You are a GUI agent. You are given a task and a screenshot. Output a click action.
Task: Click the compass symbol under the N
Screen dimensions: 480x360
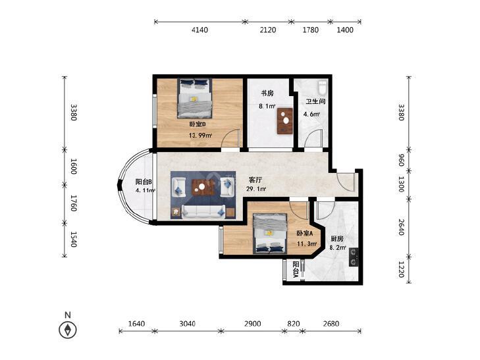click(68, 330)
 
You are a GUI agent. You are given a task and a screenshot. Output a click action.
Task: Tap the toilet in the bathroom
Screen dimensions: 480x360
click(323, 88)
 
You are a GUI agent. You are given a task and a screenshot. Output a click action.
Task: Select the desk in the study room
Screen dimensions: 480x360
click(285, 121)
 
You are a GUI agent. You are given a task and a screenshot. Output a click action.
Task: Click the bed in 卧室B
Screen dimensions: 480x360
click(195, 98)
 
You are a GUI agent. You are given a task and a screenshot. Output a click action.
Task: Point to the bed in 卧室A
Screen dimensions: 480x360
click(270, 234)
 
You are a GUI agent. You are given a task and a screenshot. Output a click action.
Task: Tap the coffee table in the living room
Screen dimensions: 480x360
click(202, 187)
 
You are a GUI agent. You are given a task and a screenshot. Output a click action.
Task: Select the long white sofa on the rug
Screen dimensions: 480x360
click(203, 212)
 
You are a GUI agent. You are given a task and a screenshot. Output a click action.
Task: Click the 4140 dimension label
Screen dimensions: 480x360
click(200, 30)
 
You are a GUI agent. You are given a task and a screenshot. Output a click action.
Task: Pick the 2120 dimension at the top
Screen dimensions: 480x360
click(267, 30)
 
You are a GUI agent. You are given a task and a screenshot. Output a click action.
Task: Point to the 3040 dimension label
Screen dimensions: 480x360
click(187, 324)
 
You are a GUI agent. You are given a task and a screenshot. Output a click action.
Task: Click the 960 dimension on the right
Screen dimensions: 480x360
click(401, 160)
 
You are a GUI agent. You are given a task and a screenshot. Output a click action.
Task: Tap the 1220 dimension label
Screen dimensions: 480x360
click(401, 269)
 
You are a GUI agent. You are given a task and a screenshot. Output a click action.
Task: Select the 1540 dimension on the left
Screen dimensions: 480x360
click(74, 239)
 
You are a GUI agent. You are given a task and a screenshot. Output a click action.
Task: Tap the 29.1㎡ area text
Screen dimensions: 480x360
click(256, 189)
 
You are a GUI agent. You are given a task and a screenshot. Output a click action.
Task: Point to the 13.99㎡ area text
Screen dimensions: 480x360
click(201, 135)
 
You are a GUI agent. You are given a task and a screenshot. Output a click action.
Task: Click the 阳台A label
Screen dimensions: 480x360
click(296, 269)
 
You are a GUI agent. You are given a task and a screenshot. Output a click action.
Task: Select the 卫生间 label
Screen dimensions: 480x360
click(315, 101)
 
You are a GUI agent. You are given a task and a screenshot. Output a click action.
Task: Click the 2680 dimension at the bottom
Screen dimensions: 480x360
click(331, 324)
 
